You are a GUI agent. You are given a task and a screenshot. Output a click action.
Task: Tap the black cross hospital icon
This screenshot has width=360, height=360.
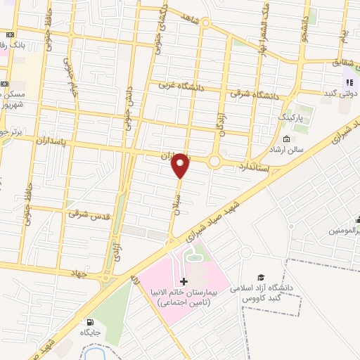(x=184, y=281)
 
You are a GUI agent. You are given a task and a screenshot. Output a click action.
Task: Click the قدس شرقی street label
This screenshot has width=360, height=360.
(x=91, y=216)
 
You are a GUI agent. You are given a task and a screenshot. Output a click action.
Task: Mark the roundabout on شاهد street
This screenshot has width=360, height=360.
(x=205, y=22)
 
